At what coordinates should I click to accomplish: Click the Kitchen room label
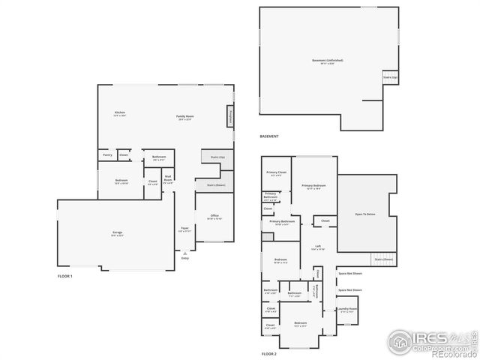(119, 112)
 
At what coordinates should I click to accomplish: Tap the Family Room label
(185, 116)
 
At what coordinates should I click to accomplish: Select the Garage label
(118, 232)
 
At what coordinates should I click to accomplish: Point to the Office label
(214, 215)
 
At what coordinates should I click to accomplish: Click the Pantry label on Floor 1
(107, 155)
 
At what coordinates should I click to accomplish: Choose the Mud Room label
(168, 180)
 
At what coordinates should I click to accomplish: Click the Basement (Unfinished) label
(328, 60)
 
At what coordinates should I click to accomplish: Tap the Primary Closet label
(277, 172)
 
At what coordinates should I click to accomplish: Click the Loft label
(318, 246)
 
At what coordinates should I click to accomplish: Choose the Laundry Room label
(346, 308)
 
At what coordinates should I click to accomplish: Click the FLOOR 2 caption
(268, 353)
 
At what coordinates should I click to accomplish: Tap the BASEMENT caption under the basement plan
(268, 136)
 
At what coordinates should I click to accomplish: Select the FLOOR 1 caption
(65, 277)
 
